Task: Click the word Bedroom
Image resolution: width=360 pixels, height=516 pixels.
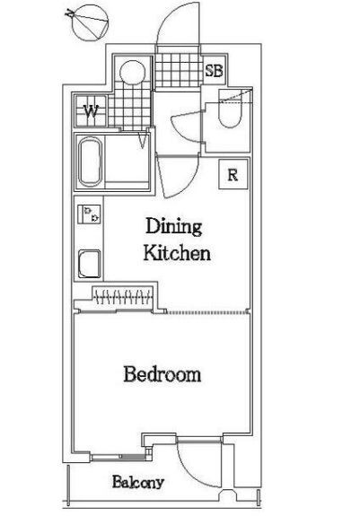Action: coord(162,375)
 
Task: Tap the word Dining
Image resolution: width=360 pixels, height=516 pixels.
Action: coord(174,226)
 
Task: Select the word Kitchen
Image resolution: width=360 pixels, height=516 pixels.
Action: coord(177,253)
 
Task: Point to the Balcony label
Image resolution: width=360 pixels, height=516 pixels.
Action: coord(138,483)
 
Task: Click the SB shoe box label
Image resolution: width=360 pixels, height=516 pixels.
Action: coord(214,70)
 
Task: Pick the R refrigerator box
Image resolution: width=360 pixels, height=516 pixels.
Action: coord(233,174)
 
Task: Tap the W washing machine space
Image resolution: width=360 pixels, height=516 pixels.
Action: coord(91,111)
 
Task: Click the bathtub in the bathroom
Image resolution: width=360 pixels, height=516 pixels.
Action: coord(90,162)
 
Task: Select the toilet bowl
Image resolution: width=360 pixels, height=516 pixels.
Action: coord(231,109)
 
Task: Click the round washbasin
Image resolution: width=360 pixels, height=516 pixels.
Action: coord(133,73)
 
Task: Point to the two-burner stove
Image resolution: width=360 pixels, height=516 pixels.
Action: coord(89,214)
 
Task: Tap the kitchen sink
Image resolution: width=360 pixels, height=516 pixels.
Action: coord(89,264)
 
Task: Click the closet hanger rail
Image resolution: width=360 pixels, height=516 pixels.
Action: coord(123,296)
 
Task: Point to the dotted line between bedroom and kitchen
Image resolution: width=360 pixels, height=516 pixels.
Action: coord(206,312)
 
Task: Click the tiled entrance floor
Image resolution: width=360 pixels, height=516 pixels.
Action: coord(178,70)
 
